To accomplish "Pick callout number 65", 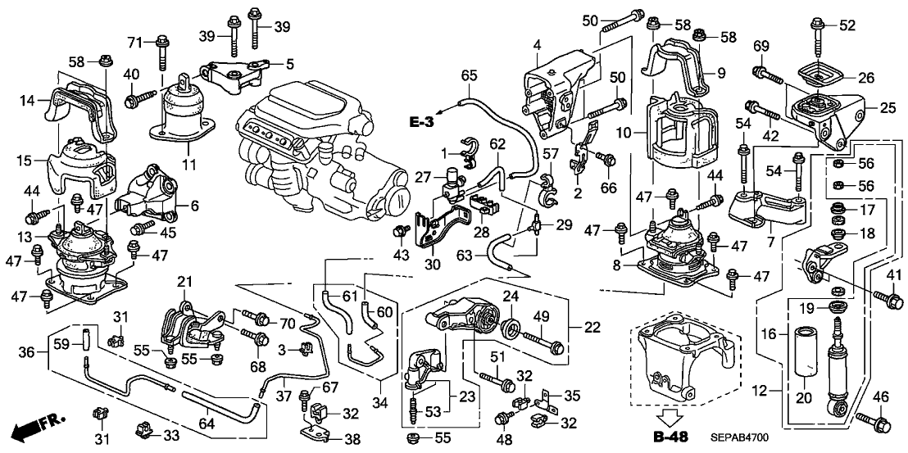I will coord(468,75).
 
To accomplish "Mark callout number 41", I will coord(893,274).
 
